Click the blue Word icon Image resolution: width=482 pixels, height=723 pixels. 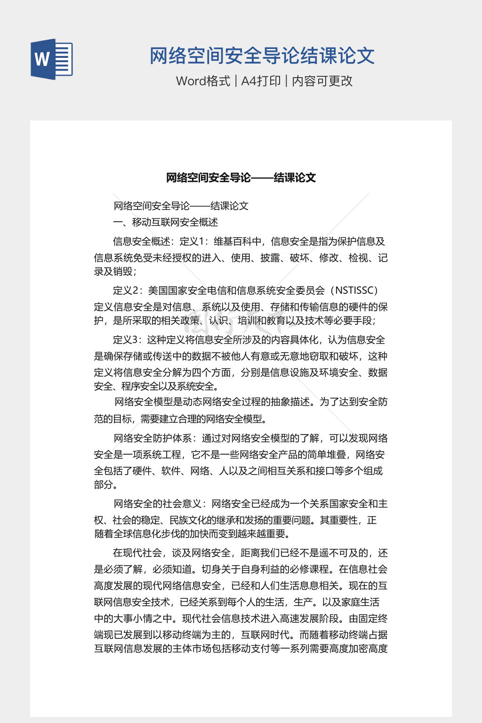(x=52, y=59)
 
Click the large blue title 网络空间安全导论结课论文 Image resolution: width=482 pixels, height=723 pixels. (x=262, y=56)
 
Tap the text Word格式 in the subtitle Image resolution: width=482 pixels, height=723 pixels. (x=203, y=81)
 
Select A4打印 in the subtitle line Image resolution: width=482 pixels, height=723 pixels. (x=261, y=81)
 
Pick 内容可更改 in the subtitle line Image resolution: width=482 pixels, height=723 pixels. (x=322, y=81)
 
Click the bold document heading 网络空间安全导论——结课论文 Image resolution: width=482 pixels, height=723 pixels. (x=241, y=178)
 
